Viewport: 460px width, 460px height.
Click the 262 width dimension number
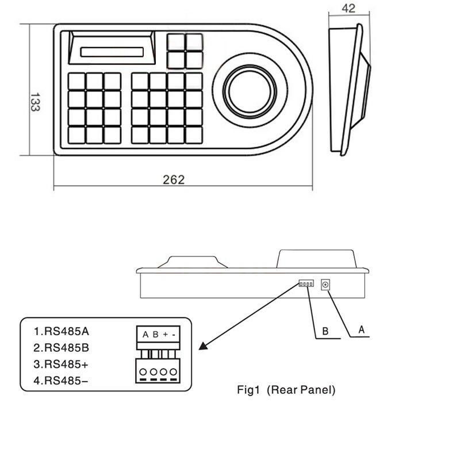click(x=174, y=179)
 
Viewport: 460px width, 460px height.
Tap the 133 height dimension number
click(x=35, y=102)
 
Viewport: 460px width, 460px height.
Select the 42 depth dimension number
click(x=348, y=8)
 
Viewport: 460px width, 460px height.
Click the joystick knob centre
click(x=250, y=90)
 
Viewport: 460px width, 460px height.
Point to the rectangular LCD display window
click(x=112, y=52)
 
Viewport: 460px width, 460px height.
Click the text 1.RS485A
click(x=62, y=331)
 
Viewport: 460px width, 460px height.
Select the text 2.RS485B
click(x=62, y=348)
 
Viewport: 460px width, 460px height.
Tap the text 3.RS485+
click(x=61, y=364)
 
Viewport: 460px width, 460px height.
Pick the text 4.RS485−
click(x=61, y=381)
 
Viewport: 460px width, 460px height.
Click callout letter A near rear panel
click(x=362, y=329)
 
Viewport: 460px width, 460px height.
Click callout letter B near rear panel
click(x=325, y=331)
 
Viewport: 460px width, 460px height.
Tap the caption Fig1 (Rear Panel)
click(x=286, y=390)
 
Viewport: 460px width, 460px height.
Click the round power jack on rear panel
click(x=325, y=285)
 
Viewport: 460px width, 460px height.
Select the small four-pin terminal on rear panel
click(x=306, y=283)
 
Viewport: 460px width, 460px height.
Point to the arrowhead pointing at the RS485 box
click(x=203, y=346)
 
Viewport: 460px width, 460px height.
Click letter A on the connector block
click(x=145, y=335)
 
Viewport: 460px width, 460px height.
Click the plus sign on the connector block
click(x=166, y=334)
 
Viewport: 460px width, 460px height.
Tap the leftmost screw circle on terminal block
click(x=143, y=371)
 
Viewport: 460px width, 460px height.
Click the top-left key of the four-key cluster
click(x=175, y=41)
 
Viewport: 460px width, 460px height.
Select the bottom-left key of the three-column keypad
click(x=76, y=135)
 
